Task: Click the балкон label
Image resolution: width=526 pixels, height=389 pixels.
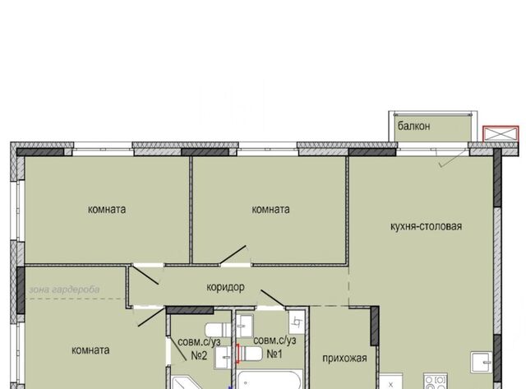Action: [413, 126]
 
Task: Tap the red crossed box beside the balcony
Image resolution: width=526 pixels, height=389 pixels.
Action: [501, 134]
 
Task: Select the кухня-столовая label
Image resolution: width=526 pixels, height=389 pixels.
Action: [426, 226]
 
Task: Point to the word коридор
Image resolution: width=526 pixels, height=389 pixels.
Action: [225, 287]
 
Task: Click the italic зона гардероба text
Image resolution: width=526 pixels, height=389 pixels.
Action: [64, 289]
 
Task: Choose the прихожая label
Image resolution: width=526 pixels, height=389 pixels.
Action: [344, 359]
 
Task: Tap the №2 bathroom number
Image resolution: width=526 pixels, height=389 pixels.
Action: [199, 355]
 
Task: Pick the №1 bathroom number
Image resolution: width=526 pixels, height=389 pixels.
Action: [275, 354]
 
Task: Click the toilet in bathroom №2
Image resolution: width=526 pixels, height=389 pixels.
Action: [218, 330]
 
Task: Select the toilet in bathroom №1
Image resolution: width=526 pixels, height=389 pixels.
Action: [250, 354]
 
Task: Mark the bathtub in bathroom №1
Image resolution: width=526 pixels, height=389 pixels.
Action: [270, 379]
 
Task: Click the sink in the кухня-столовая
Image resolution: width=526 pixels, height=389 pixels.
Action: [482, 362]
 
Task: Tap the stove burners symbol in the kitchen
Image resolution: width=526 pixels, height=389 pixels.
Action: [436, 382]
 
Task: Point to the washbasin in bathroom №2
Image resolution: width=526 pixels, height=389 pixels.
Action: [223, 358]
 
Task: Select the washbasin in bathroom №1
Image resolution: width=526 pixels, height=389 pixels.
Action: [245, 326]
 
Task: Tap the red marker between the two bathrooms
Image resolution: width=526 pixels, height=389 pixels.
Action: [238, 354]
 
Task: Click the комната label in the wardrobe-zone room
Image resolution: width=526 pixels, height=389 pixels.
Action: [90, 350]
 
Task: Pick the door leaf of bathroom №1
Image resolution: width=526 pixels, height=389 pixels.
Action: [273, 299]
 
